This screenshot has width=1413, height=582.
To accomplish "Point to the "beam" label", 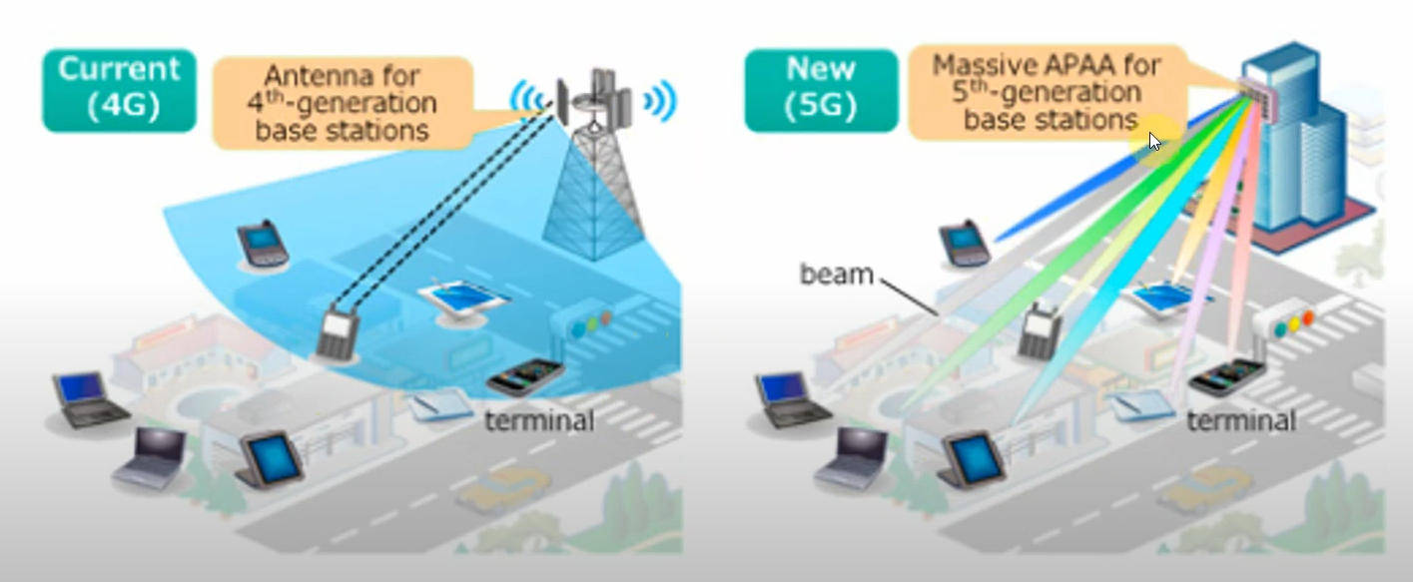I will pos(836,273).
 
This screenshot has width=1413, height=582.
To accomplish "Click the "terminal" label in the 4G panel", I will pos(539,420).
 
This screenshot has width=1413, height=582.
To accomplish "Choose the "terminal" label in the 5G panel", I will pos(1241,420).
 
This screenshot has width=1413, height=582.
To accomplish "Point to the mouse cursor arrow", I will pos(1154,141).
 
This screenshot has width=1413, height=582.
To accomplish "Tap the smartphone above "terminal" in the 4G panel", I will pos(525,377).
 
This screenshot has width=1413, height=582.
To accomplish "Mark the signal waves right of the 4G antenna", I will pos(660,101).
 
